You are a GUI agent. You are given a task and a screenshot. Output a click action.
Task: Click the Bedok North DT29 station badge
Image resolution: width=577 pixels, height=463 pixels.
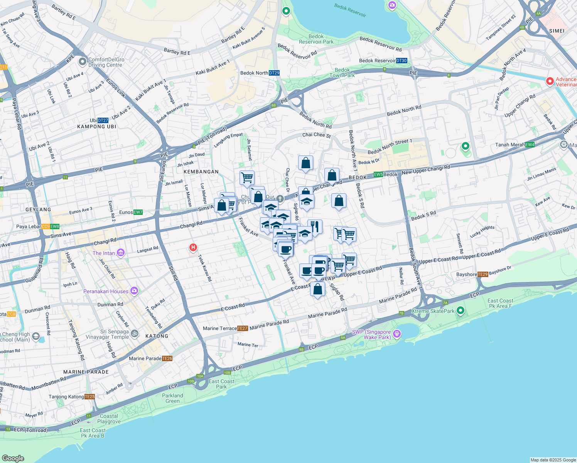[274, 73]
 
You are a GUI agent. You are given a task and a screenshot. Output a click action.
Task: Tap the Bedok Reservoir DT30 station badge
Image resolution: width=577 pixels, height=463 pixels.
[402, 61]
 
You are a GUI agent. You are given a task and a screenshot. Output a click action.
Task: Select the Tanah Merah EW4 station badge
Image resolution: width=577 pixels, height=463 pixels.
[530, 145]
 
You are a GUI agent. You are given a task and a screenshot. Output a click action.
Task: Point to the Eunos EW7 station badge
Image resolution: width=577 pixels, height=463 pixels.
[138, 212]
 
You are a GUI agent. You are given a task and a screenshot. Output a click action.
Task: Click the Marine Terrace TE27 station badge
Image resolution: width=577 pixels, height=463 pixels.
[243, 328]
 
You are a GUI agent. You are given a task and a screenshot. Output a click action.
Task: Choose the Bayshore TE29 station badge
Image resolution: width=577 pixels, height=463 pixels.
[483, 274]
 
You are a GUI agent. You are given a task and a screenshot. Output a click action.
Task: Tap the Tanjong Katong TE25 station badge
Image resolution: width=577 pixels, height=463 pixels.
[89, 397]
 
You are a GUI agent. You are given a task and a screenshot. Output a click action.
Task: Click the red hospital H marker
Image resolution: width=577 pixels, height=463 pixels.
[193, 247]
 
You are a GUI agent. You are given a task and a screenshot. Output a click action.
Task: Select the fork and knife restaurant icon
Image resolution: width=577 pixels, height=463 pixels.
[315, 226]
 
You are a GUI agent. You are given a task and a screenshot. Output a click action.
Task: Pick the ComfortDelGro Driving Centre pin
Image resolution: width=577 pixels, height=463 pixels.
[82, 62]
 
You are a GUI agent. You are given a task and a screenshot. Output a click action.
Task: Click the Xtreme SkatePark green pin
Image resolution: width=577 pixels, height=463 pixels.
[460, 311]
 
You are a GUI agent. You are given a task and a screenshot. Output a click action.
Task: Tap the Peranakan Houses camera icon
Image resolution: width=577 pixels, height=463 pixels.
[134, 291]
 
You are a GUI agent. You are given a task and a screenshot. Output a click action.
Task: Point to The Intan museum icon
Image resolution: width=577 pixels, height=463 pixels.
[121, 253]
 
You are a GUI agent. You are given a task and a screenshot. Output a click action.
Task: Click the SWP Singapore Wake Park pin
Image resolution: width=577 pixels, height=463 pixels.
[397, 334]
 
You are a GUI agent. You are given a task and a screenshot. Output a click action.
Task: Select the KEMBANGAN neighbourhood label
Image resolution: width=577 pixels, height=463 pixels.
[201, 172]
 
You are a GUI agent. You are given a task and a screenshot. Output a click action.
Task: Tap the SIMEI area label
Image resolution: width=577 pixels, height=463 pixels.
[557, 31]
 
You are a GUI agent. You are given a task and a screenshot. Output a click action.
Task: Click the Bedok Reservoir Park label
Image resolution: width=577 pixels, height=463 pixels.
[316, 39]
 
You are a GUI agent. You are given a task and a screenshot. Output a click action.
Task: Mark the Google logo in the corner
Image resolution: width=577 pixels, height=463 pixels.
[13, 458]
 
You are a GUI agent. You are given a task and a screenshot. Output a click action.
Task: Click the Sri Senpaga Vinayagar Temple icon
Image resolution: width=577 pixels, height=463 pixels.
[135, 334]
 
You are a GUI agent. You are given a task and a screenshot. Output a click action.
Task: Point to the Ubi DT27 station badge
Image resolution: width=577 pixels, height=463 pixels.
[103, 120]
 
